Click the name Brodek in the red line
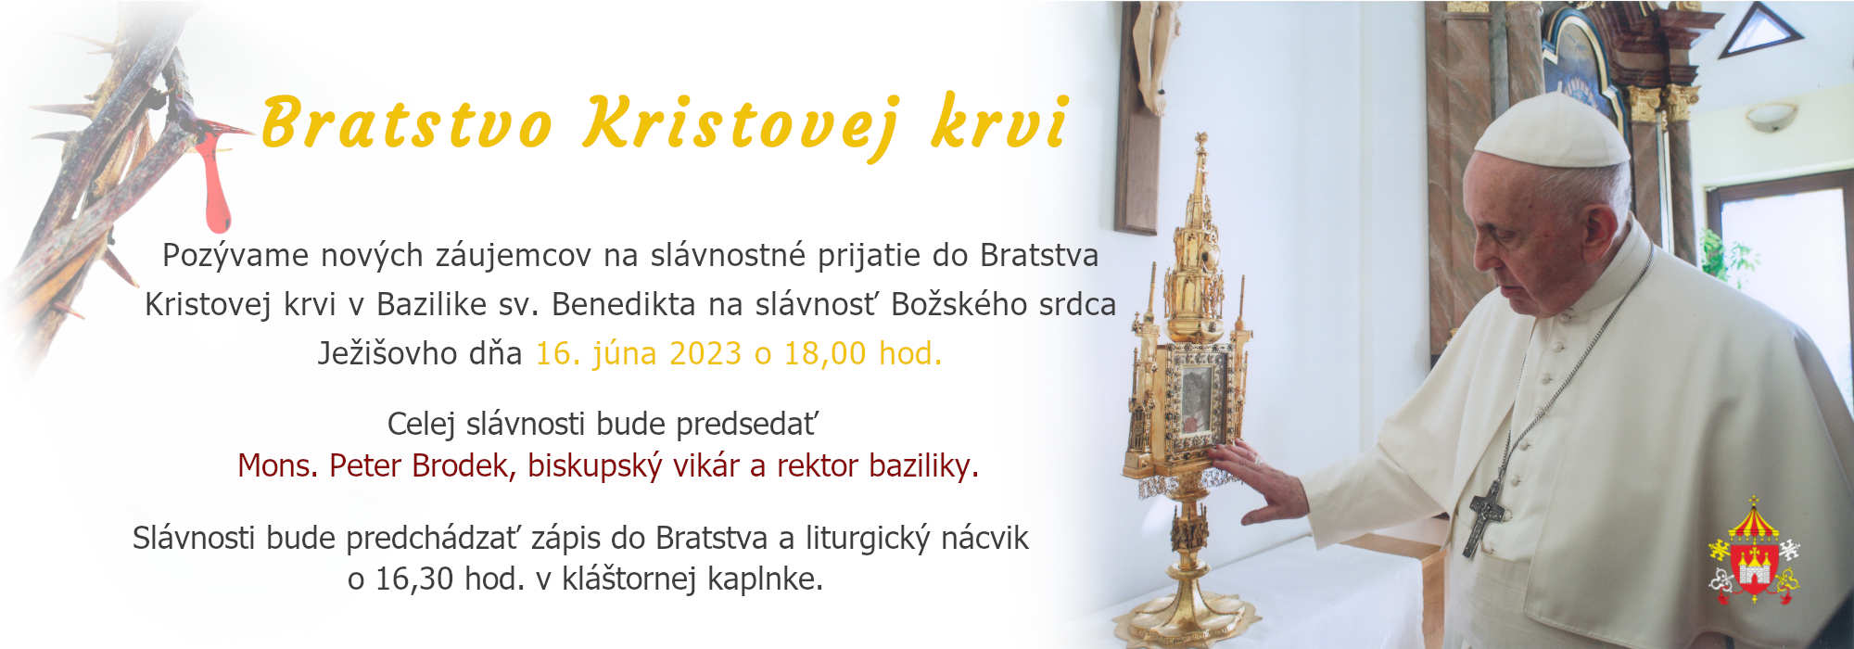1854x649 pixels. tap(462, 465)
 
